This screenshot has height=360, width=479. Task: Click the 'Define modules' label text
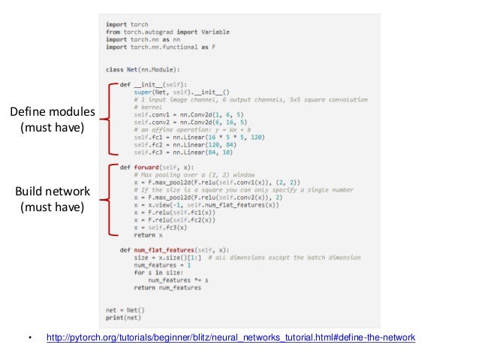pos(52,113)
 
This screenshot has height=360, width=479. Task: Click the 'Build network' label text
pos(52,191)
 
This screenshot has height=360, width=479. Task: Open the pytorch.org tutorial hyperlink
pos(230,338)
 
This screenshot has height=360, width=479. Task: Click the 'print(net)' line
pos(123,318)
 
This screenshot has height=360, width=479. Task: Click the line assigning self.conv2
pos(173,123)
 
